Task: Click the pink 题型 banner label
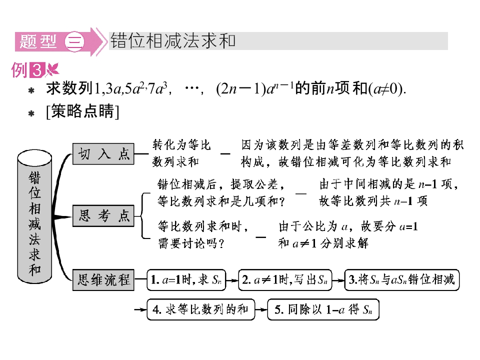pos(38,41)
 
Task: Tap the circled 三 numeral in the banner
pos(74,41)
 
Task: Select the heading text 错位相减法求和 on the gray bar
pos(172,40)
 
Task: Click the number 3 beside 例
pos(37,70)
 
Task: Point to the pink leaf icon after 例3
pos(52,69)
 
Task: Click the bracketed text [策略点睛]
pos(82,111)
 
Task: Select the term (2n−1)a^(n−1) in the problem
pos(254,89)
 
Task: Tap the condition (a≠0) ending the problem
pos(387,89)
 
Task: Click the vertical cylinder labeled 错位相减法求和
pos(34,216)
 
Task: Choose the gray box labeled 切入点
pos(103,154)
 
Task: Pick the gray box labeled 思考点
pos(103,216)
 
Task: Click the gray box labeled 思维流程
pos(103,280)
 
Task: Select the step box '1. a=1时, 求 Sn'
pos(186,280)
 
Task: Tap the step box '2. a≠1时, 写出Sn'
pos(285,280)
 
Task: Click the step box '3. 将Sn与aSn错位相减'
pos(402,280)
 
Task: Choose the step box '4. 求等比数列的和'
pos(201,309)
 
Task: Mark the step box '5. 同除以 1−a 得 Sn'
pos(323,309)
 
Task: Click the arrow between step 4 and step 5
pos(261,310)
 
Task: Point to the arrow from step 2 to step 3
pos(338,280)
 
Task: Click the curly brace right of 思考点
pos(142,215)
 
